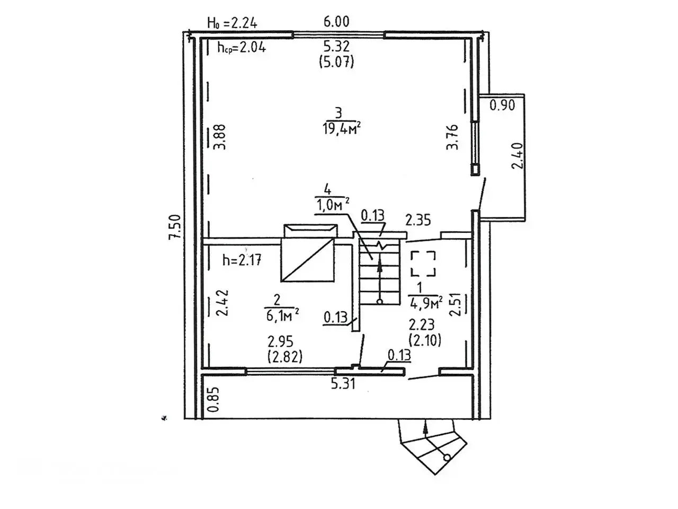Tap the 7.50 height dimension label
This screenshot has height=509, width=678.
(175, 227)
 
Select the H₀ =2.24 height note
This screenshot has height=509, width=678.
(232, 23)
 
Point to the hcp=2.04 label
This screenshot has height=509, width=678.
(241, 47)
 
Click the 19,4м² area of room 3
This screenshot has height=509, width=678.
(341, 129)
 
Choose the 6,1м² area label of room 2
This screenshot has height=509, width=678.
(282, 316)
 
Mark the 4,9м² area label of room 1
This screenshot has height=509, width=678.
(425, 303)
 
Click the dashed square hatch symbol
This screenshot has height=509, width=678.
(424, 264)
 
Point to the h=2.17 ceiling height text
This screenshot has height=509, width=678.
(242, 260)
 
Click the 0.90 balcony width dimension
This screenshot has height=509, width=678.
(502, 105)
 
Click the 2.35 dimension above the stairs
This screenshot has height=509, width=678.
(418, 220)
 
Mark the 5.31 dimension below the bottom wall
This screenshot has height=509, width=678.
(343, 383)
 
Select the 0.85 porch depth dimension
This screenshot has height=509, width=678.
(213, 400)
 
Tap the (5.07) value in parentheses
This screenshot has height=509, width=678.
(336, 62)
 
